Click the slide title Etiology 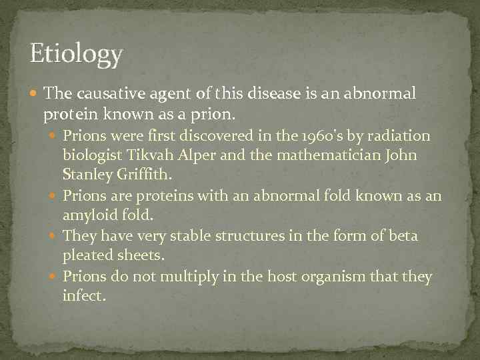(77, 54)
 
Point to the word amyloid (89, 216)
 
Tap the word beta (403, 236)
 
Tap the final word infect (83, 296)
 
